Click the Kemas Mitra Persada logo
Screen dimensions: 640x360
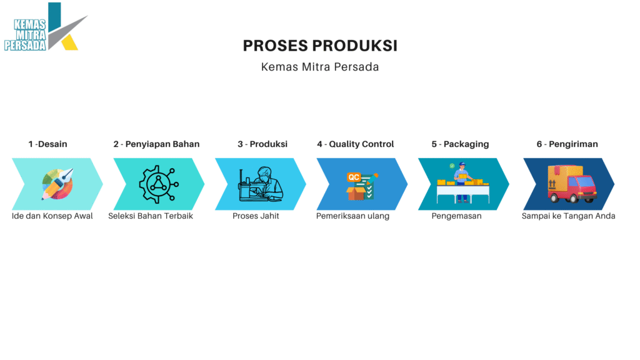46,27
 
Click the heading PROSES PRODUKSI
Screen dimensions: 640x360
320,46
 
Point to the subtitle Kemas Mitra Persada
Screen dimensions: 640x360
320,67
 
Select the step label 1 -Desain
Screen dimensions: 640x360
47,144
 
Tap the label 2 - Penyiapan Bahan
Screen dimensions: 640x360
156,144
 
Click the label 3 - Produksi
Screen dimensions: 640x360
262,144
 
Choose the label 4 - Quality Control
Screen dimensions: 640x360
356,144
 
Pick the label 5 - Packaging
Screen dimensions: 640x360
460,144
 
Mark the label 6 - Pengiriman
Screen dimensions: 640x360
567,144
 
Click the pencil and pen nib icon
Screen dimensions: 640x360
57,184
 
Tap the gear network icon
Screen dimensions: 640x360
159,184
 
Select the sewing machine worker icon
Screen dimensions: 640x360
261,184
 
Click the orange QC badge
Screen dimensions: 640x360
354,177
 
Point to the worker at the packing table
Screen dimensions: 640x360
462,182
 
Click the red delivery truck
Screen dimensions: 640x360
571,184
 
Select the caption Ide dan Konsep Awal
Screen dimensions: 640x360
52,216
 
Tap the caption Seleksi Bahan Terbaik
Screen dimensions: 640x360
151,216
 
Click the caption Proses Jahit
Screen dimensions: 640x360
256,216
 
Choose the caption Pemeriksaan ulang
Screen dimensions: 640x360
352,216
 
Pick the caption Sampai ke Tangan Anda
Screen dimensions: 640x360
568,216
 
